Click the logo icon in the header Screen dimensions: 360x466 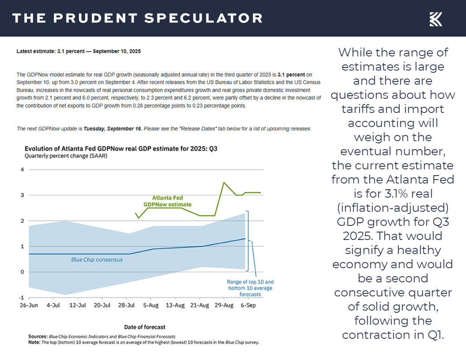(436, 19)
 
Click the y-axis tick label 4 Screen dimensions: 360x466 (21, 169)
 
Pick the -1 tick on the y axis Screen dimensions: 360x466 (20, 297)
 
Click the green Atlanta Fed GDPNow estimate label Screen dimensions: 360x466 (167, 201)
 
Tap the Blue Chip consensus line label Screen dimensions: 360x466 (97, 260)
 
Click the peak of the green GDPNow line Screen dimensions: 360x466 (224, 182)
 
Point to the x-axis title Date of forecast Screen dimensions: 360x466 (145, 327)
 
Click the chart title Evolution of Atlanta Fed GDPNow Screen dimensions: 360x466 (120, 149)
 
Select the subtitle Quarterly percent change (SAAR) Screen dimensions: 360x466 (66, 156)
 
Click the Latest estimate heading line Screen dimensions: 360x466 (79, 52)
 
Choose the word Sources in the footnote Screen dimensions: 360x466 (38, 336)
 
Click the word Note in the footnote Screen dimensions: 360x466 (34, 342)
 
